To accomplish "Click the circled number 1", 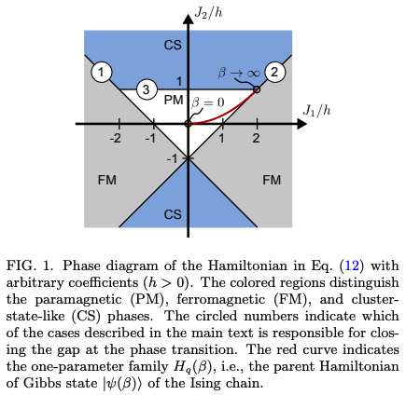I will click(x=102, y=71).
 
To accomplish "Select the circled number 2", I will click(x=274, y=71).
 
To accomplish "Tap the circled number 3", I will click(x=146, y=89).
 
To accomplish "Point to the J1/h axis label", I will click(x=317, y=110).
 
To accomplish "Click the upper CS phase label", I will click(x=173, y=45).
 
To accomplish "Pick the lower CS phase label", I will click(x=173, y=214).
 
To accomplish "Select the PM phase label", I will click(x=174, y=100).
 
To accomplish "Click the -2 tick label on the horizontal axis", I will click(x=115, y=139).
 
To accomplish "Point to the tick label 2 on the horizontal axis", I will click(x=256, y=139).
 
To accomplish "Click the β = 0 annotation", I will click(x=208, y=101).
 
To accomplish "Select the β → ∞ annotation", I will click(x=239, y=71).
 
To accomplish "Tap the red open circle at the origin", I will click(x=188, y=123).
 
